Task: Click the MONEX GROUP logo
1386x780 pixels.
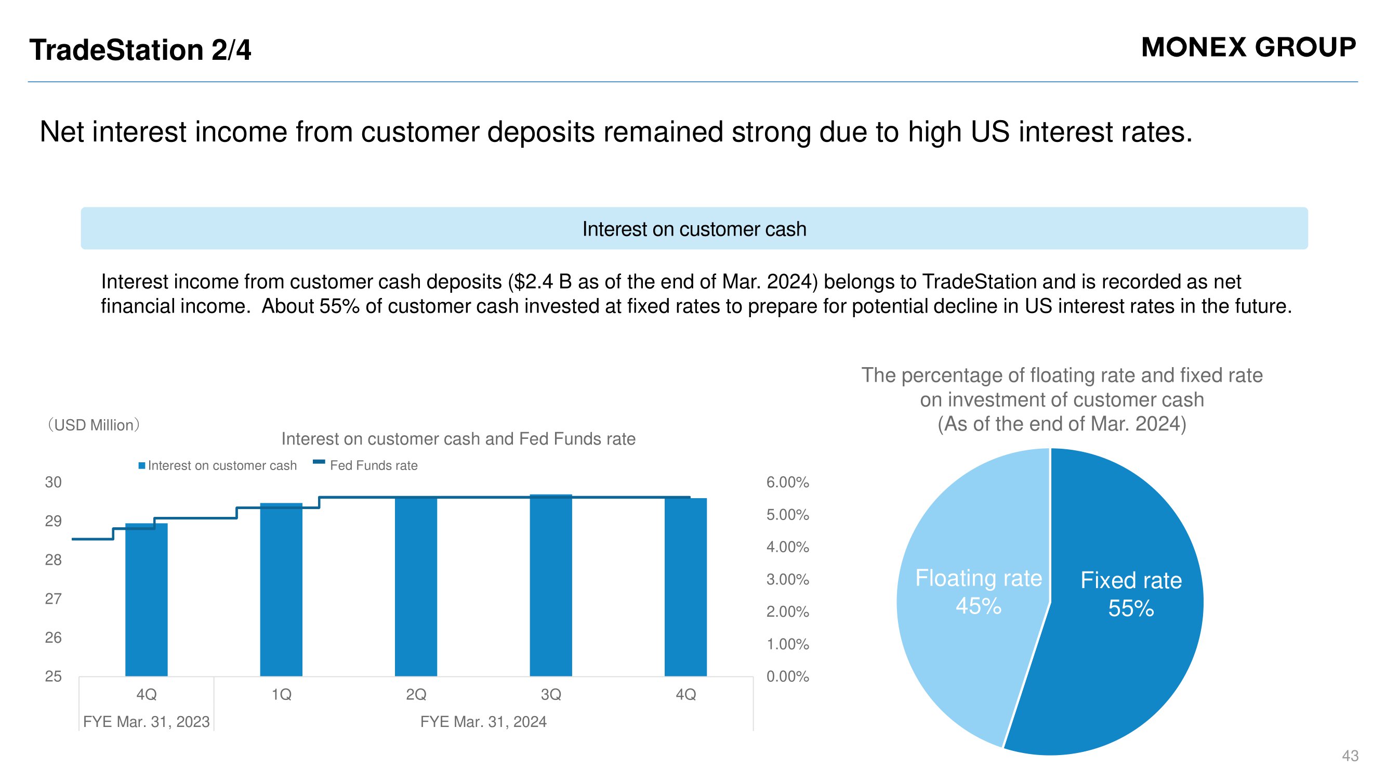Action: tap(1248, 47)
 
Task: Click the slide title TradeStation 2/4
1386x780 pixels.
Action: tap(140, 50)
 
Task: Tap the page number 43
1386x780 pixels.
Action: tap(1350, 756)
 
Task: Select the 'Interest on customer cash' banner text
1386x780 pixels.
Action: tap(694, 229)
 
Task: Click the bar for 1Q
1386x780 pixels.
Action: tap(281, 590)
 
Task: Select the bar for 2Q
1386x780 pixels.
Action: tap(416, 586)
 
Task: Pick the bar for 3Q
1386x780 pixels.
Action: tap(551, 585)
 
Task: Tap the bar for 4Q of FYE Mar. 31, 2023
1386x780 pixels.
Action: tap(147, 600)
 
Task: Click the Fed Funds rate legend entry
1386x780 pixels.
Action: tap(365, 465)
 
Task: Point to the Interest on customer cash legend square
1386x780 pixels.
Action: tap(141, 465)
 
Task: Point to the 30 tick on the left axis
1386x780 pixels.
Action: tap(53, 483)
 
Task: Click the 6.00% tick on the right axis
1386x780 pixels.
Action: tap(788, 483)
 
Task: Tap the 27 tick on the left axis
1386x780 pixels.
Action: tap(53, 599)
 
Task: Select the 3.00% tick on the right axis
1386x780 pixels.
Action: tap(788, 580)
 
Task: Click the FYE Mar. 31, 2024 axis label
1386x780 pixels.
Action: tap(483, 722)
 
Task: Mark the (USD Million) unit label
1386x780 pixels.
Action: tap(94, 425)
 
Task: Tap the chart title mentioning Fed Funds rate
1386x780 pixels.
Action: tap(458, 439)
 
